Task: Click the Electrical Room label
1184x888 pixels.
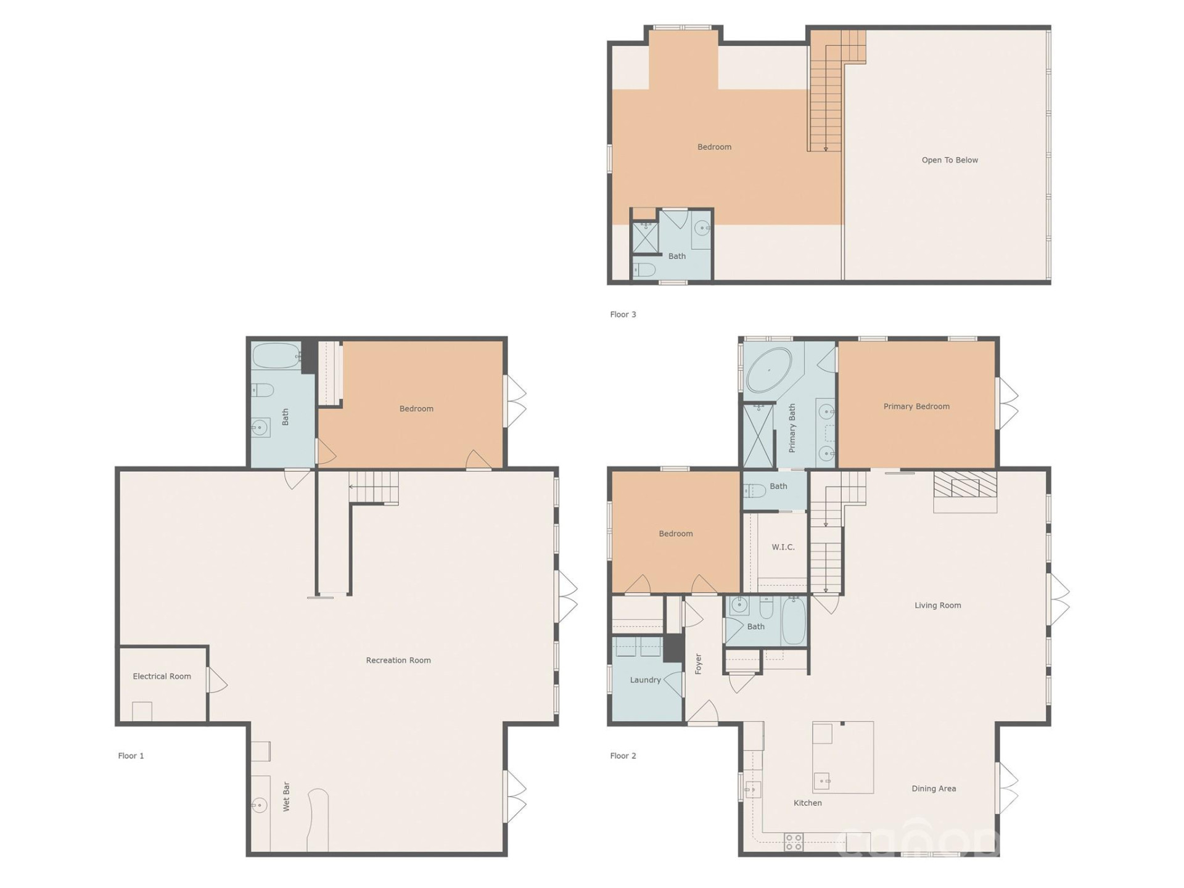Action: (x=162, y=676)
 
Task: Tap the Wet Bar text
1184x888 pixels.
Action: (x=286, y=797)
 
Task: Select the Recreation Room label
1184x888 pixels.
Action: (x=398, y=660)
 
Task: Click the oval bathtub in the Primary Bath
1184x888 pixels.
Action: (x=768, y=371)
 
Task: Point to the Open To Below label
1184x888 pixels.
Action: (x=950, y=160)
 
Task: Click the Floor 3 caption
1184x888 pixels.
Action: (x=623, y=314)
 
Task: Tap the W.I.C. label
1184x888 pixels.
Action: (x=783, y=547)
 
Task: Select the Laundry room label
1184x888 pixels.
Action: (x=645, y=680)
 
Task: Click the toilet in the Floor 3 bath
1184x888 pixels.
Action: (x=644, y=269)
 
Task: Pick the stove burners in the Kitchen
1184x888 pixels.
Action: (x=794, y=842)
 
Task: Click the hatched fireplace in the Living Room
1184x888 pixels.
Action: (x=965, y=485)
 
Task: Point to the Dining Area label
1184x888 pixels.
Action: (x=934, y=789)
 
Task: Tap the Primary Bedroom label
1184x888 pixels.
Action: (x=916, y=406)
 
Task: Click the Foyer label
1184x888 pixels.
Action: (x=699, y=664)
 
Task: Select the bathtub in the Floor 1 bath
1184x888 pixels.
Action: (x=277, y=356)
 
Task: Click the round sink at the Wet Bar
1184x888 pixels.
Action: (x=260, y=805)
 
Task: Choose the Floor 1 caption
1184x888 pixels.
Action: (x=131, y=756)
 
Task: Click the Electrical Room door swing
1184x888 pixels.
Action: (x=218, y=680)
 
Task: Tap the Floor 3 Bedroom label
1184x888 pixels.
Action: (x=714, y=147)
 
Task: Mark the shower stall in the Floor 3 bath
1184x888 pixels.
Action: (x=645, y=237)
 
